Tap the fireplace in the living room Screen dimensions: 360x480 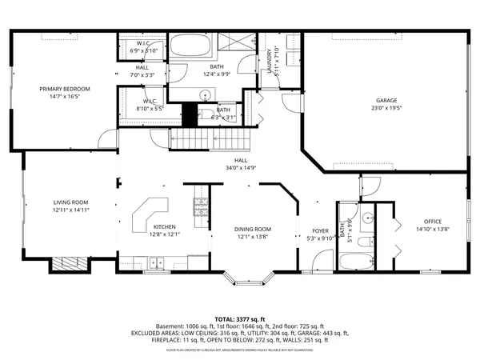point(69,265)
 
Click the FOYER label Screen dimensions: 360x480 point(320,230)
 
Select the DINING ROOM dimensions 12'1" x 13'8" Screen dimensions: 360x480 point(254,237)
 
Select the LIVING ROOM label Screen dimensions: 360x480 point(70,202)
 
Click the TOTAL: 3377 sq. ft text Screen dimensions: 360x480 point(239,318)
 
